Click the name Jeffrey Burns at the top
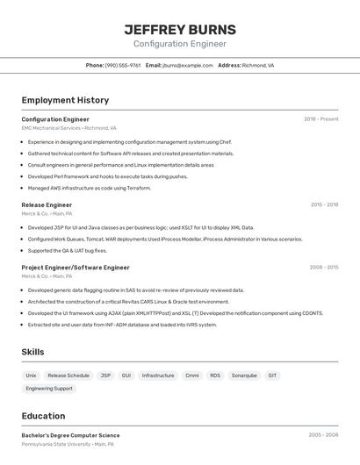(x=179, y=29)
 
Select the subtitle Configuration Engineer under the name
(x=179, y=44)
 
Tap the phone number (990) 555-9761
(x=122, y=65)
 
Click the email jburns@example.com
(x=188, y=65)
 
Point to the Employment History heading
(x=65, y=100)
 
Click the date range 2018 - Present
(x=320, y=118)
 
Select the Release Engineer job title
(x=47, y=204)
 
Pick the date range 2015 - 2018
(x=324, y=204)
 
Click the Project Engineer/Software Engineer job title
(x=76, y=268)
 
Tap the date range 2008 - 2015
(x=324, y=268)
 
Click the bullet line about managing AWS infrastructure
(x=90, y=188)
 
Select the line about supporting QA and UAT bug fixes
(x=67, y=250)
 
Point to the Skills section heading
(x=32, y=352)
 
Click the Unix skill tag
(x=31, y=376)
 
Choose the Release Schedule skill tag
(x=68, y=376)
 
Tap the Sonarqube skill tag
(x=244, y=376)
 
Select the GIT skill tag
(x=272, y=376)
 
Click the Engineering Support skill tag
(x=49, y=388)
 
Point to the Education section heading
(x=43, y=416)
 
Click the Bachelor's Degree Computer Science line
(x=70, y=435)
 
